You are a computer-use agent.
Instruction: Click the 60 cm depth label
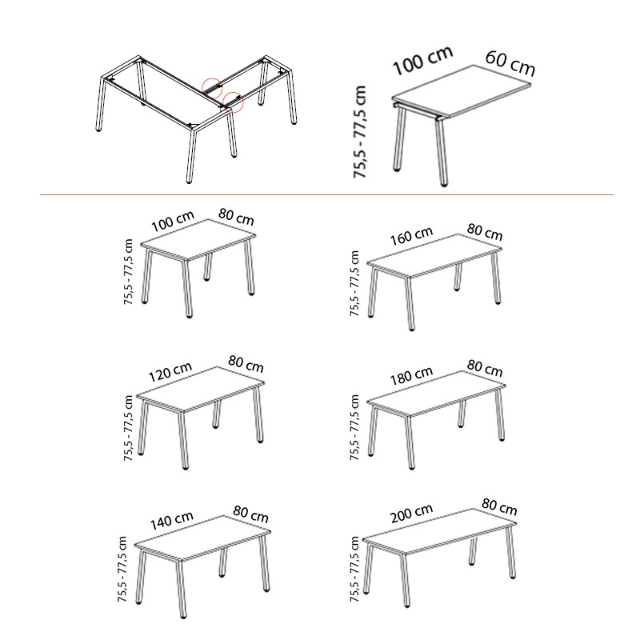coord(510,64)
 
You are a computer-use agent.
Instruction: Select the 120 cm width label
coord(170,371)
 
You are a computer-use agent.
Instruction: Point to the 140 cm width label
coord(171,520)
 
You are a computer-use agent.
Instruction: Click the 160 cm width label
coord(411,236)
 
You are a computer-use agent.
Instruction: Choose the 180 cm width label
coord(411,375)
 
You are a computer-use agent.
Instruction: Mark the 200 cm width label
coord(411,514)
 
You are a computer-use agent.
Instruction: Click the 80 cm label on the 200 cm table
coord(499,506)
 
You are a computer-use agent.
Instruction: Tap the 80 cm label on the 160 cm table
coord(485,232)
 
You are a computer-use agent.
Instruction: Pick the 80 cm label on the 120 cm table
coord(246,364)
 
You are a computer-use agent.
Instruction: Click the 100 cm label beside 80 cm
coord(173,222)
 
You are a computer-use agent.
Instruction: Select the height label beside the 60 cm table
coord(360,131)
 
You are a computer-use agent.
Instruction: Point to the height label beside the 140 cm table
coord(122,569)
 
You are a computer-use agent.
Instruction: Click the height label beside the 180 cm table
coord(354,427)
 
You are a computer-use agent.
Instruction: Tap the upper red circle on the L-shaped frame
coord(212,88)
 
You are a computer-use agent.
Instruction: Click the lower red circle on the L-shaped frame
coord(233,102)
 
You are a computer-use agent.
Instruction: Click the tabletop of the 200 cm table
coord(439,531)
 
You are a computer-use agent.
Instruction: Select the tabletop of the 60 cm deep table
coord(462,91)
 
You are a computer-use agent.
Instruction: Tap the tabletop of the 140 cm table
coord(202,538)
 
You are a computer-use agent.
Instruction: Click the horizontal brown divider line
coord(326,194)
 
